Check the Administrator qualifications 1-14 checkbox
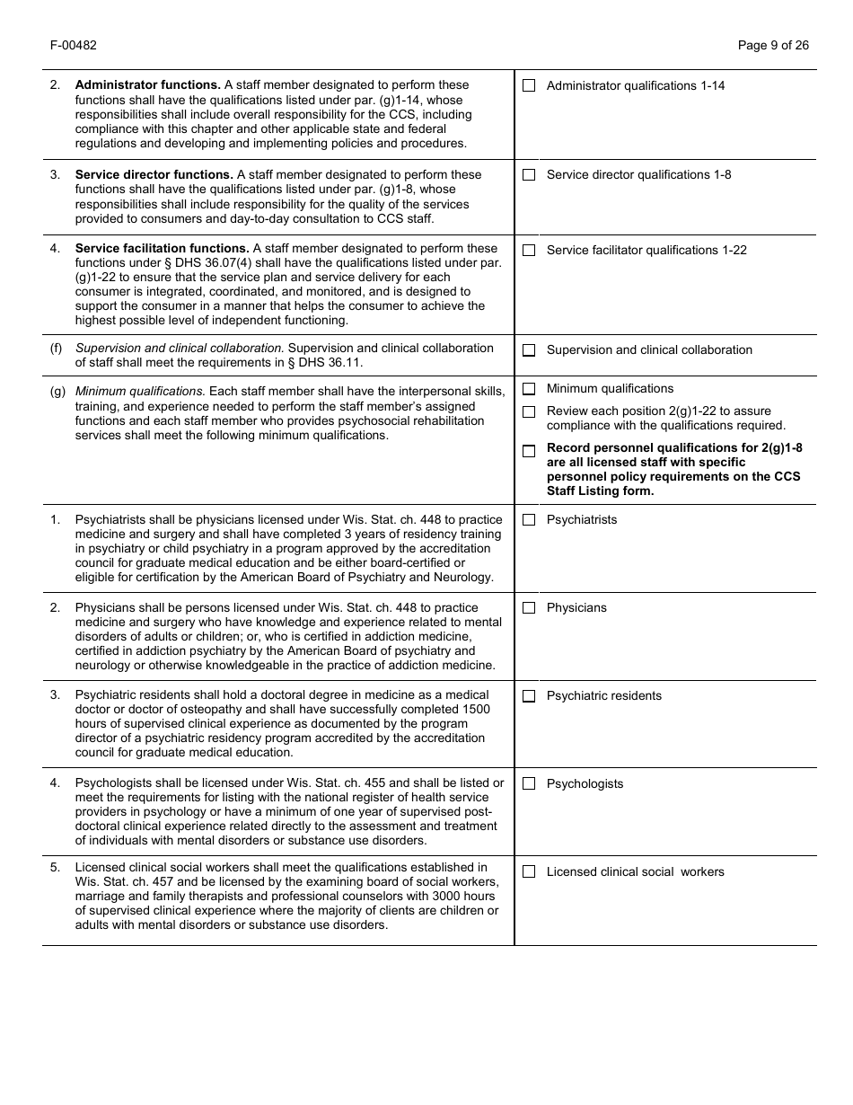(x=529, y=85)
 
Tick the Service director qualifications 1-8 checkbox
(x=529, y=174)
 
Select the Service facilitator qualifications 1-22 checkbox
(x=529, y=250)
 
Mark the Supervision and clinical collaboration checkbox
(x=529, y=349)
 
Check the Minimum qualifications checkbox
(x=529, y=389)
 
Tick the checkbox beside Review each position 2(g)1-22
(x=529, y=411)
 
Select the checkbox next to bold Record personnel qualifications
(x=529, y=450)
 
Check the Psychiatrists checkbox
(x=529, y=519)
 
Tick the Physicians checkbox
(x=529, y=608)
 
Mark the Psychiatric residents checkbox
(x=529, y=696)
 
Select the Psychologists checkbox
(x=529, y=783)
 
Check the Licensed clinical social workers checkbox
(x=529, y=871)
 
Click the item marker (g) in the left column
(x=57, y=391)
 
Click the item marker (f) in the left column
(x=56, y=348)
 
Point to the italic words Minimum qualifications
(x=140, y=391)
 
